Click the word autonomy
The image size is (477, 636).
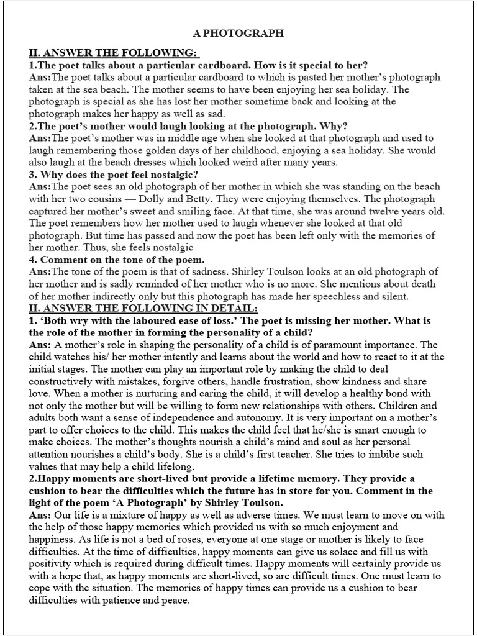250,418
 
